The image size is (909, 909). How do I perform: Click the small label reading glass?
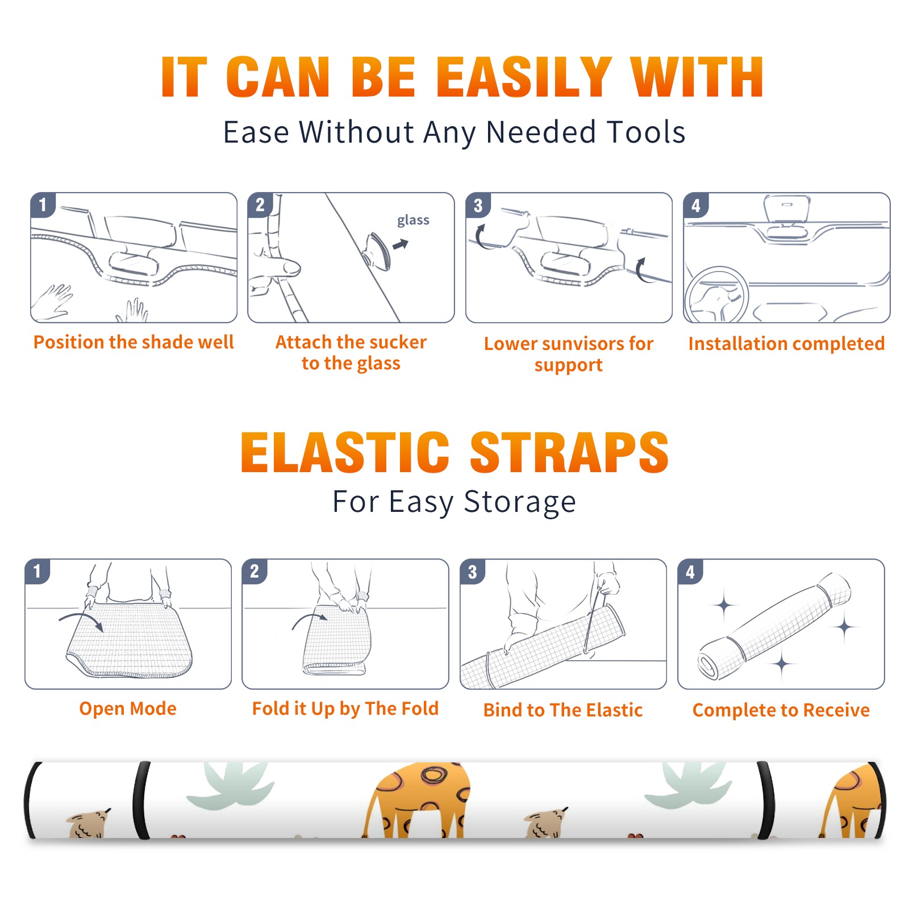413,220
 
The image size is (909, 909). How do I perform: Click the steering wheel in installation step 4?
717,295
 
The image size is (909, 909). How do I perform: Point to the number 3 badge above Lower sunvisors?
478,206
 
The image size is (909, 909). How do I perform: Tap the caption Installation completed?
786,344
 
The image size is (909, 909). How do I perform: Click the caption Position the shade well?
134,343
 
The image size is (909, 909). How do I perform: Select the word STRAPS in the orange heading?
569,452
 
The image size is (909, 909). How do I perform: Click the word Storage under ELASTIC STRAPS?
520,502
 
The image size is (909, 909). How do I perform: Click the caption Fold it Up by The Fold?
345,709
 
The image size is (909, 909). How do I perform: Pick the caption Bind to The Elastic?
563,710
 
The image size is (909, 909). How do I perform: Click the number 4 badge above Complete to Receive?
690,572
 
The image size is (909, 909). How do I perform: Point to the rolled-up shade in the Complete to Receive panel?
774,626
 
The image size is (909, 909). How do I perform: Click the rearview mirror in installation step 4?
786,210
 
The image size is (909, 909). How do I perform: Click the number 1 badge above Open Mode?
37,572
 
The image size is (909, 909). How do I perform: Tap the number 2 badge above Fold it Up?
255,572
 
